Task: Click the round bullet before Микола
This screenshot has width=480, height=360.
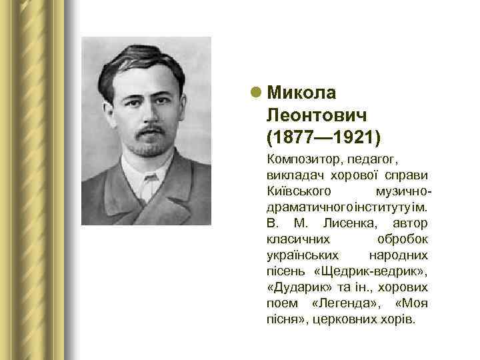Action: [x=256, y=92]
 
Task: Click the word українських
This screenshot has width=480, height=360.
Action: [x=302, y=255]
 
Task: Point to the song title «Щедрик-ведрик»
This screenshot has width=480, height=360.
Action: [x=371, y=271]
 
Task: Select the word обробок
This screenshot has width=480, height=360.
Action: [x=403, y=238]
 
